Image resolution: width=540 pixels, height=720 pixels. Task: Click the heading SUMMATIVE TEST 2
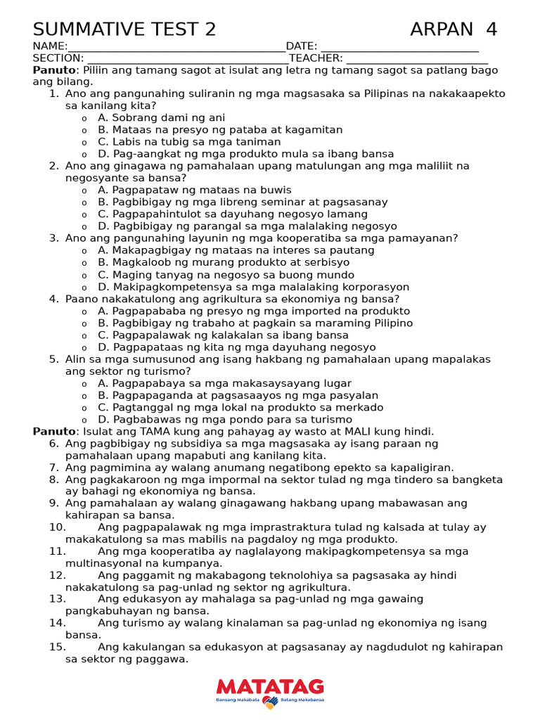[x=124, y=30]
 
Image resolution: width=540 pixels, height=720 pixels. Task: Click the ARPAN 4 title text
[x=454, y=30]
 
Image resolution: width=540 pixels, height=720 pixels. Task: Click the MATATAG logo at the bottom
[x=270, y=690]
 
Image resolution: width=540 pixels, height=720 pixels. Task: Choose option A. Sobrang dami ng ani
[x=161, y=118]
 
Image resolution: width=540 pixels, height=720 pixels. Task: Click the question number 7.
[x=53, y=468]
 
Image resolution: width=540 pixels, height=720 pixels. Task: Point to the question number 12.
[x=57, y=575]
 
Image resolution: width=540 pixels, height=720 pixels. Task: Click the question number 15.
[x=57, y=647]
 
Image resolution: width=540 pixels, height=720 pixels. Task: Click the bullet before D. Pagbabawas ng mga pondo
[x=84, y=420]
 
